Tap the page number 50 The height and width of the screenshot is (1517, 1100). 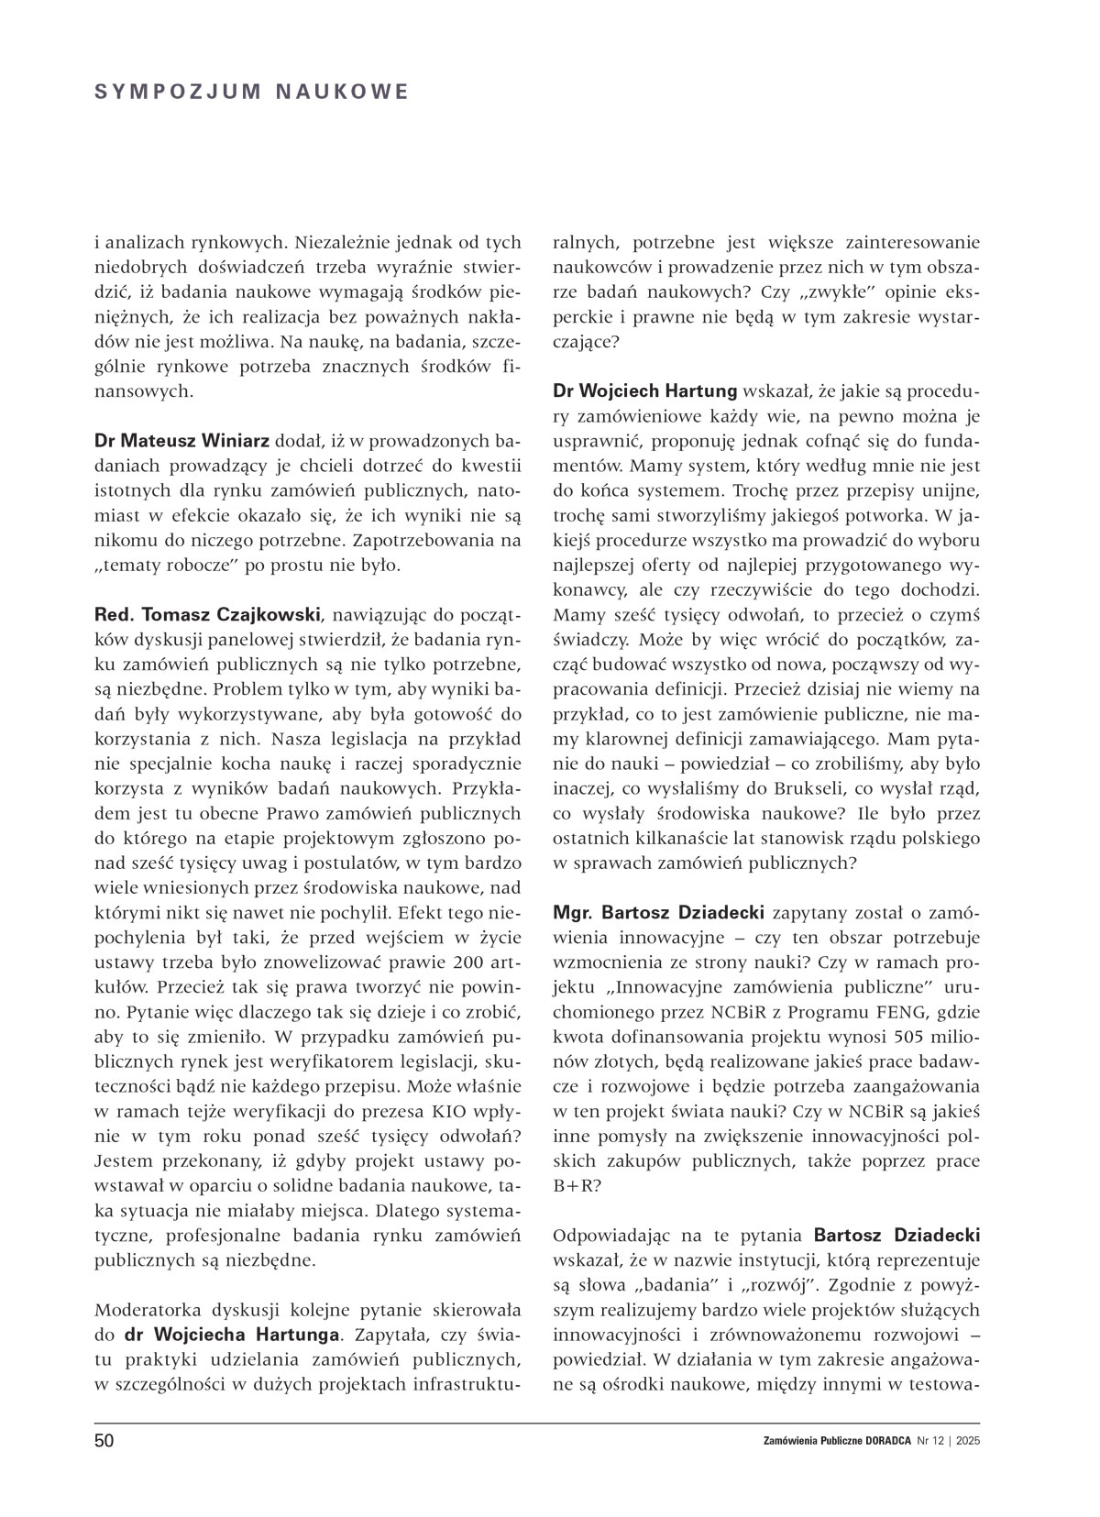104,1441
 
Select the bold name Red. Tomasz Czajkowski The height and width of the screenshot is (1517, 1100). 206,612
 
